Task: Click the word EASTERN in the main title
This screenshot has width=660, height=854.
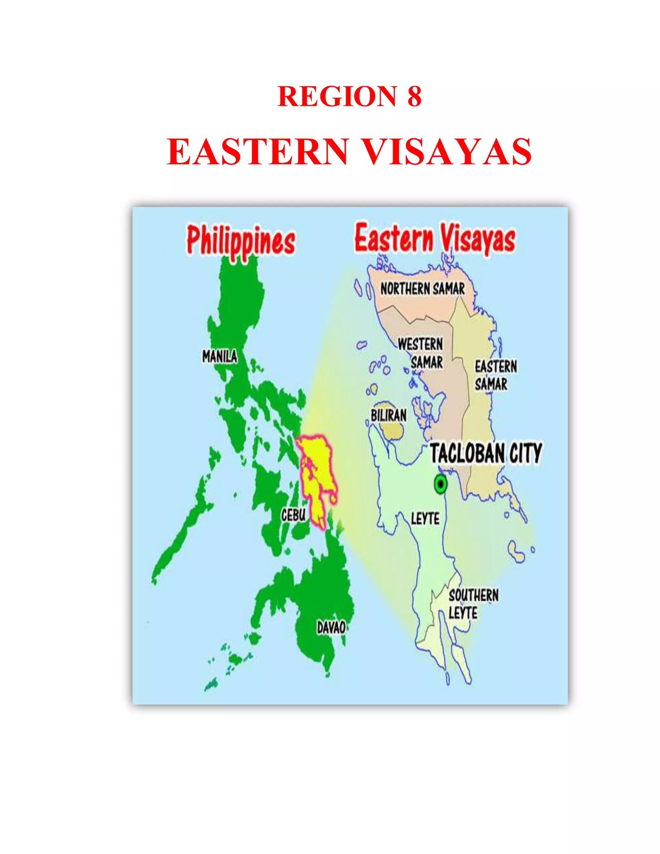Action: point(257,152)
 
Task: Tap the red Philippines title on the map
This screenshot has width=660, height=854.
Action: point(240,241)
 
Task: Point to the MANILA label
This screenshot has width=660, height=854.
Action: point(219,356)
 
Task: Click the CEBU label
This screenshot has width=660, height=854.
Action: point(293,515)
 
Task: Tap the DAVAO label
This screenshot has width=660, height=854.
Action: point(331,627)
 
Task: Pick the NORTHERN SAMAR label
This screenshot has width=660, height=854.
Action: point(423,289)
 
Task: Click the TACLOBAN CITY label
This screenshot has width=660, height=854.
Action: point(486,453)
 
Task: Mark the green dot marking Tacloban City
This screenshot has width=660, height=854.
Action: point(441,484)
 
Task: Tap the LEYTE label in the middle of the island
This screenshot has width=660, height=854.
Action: point(425,519)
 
